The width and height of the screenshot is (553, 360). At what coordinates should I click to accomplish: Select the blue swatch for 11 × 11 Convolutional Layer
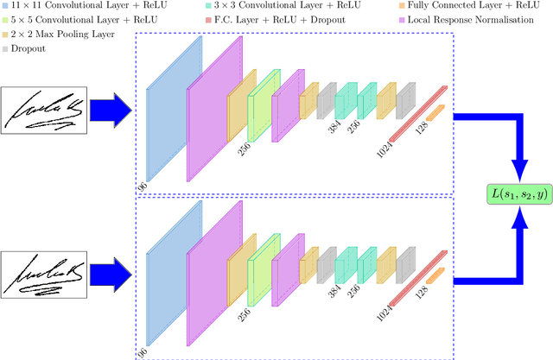[5, 7]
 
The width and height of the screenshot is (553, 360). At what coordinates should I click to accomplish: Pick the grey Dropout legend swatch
[5, 47]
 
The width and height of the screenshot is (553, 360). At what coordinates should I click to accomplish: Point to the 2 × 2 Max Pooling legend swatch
[5, 34]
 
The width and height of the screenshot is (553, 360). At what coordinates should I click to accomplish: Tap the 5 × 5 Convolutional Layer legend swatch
[5, 20]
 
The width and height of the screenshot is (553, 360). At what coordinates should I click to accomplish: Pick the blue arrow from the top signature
[111, 109]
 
